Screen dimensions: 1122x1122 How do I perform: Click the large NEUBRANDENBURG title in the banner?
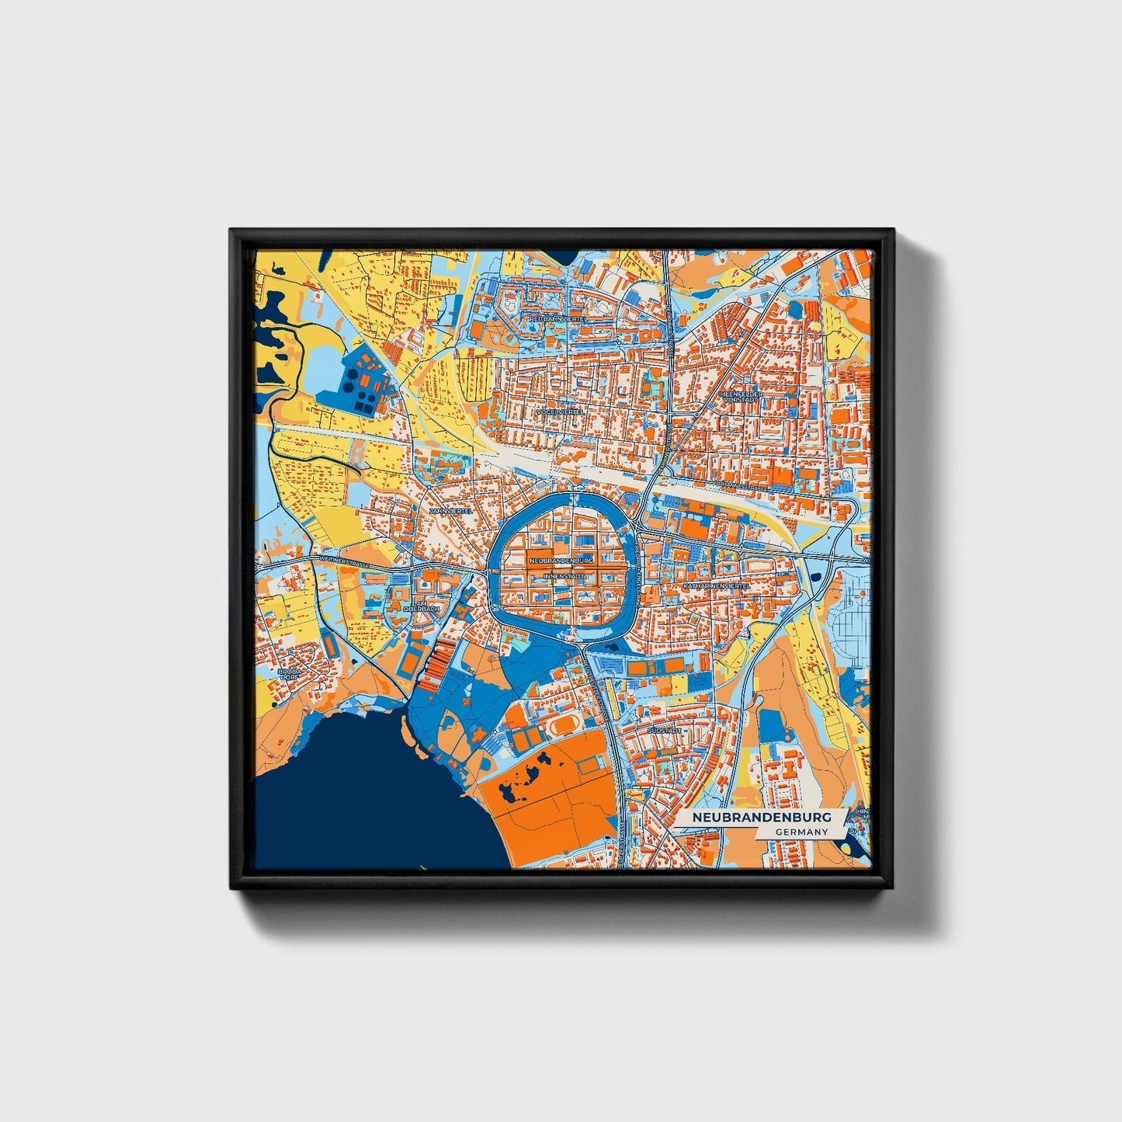[761, 818]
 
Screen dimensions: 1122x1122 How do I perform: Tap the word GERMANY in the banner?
[801, 832]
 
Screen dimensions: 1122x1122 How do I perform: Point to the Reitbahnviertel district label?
[556, 318]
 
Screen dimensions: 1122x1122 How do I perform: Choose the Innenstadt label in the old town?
[564, 576]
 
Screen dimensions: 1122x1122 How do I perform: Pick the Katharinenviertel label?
[717, 585]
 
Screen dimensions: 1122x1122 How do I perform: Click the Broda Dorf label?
[289, 673]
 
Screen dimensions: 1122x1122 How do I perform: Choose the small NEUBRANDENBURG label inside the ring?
[561, 559]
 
